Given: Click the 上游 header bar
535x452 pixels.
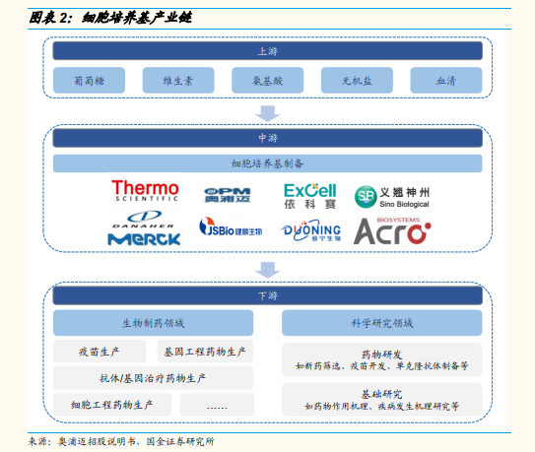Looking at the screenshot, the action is [x=268, y=51].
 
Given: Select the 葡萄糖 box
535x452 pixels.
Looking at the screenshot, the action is [x=89, y=81].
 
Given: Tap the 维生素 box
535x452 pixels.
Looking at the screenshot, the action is [x=178, y=81].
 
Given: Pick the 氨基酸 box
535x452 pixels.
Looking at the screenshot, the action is [x=268, y=81].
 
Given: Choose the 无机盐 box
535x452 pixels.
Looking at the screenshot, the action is [x=357, y=81].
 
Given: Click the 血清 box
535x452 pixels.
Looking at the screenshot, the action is [x=446, y=81].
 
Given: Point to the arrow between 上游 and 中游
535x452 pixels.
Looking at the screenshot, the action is [x=268, y=113].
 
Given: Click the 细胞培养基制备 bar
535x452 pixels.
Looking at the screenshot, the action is [x=268, y=163].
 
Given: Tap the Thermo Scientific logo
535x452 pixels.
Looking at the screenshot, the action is [x=145, y=191].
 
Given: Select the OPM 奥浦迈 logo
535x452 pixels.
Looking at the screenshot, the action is [x=228, y=195].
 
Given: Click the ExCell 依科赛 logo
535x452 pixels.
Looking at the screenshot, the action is [x=309, y=196].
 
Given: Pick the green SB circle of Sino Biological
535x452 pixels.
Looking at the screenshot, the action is [x=366, y=197].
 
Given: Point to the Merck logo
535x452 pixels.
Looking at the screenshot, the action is [x=144, y=239].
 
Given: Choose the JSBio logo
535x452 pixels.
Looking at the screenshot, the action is [x=231, y=226].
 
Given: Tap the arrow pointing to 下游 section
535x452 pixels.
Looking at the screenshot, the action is [x=268, y=270].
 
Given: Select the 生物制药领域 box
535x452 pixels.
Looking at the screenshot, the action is [x=153, y=323].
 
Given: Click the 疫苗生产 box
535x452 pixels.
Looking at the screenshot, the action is [x=100, y=352].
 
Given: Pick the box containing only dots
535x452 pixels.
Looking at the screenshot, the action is [x=217, y=405].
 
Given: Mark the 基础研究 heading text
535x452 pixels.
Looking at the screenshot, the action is [x=382, y=394].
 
